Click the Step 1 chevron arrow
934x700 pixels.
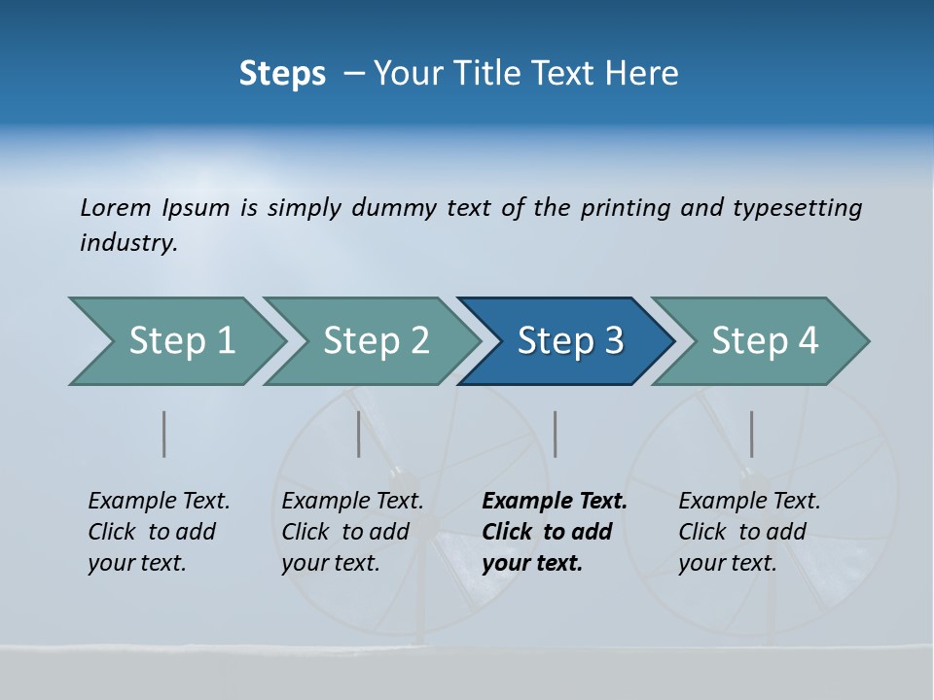(175, 341)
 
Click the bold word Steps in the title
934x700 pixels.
(282, 74)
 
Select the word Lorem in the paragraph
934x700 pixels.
(116, 207)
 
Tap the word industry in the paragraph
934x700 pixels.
(127, 242)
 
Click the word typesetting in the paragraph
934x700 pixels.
(797, 207)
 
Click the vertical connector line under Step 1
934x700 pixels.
(164, 434)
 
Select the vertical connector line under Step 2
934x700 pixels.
(359, 434)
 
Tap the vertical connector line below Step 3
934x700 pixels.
(556, 434)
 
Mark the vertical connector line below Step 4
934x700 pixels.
(752, 434)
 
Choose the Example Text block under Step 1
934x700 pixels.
(159, 532)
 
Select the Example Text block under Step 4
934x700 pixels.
(749, 532)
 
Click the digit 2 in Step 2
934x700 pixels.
(418, 341)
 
